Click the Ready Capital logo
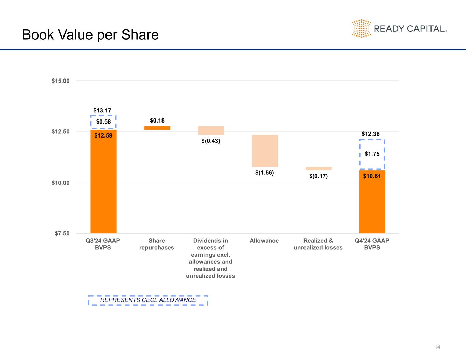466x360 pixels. click(399, 28)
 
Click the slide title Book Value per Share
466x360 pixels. click(90, 35)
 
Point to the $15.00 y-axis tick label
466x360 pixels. click(60, 81)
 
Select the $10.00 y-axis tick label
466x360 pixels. click(60, 183)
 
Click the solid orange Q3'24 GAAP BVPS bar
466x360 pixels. click(103, 184)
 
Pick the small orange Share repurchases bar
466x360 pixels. click(157, 128)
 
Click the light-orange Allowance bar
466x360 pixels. click(265, 151)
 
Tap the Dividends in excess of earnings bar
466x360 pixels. click(211, 131)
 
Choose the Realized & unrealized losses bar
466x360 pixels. click(319, 169)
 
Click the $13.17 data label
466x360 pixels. click(102, 111)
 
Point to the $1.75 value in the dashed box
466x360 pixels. click(372, 154)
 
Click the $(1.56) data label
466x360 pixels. click(265, 173)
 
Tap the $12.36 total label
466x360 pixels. click(370, 134)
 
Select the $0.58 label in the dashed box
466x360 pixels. click(103, 122)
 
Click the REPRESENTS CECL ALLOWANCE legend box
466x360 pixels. click(148, 300)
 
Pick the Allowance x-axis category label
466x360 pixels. click(264, 241)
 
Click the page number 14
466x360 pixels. click(437, 347)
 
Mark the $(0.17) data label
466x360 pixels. click(318, 176)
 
